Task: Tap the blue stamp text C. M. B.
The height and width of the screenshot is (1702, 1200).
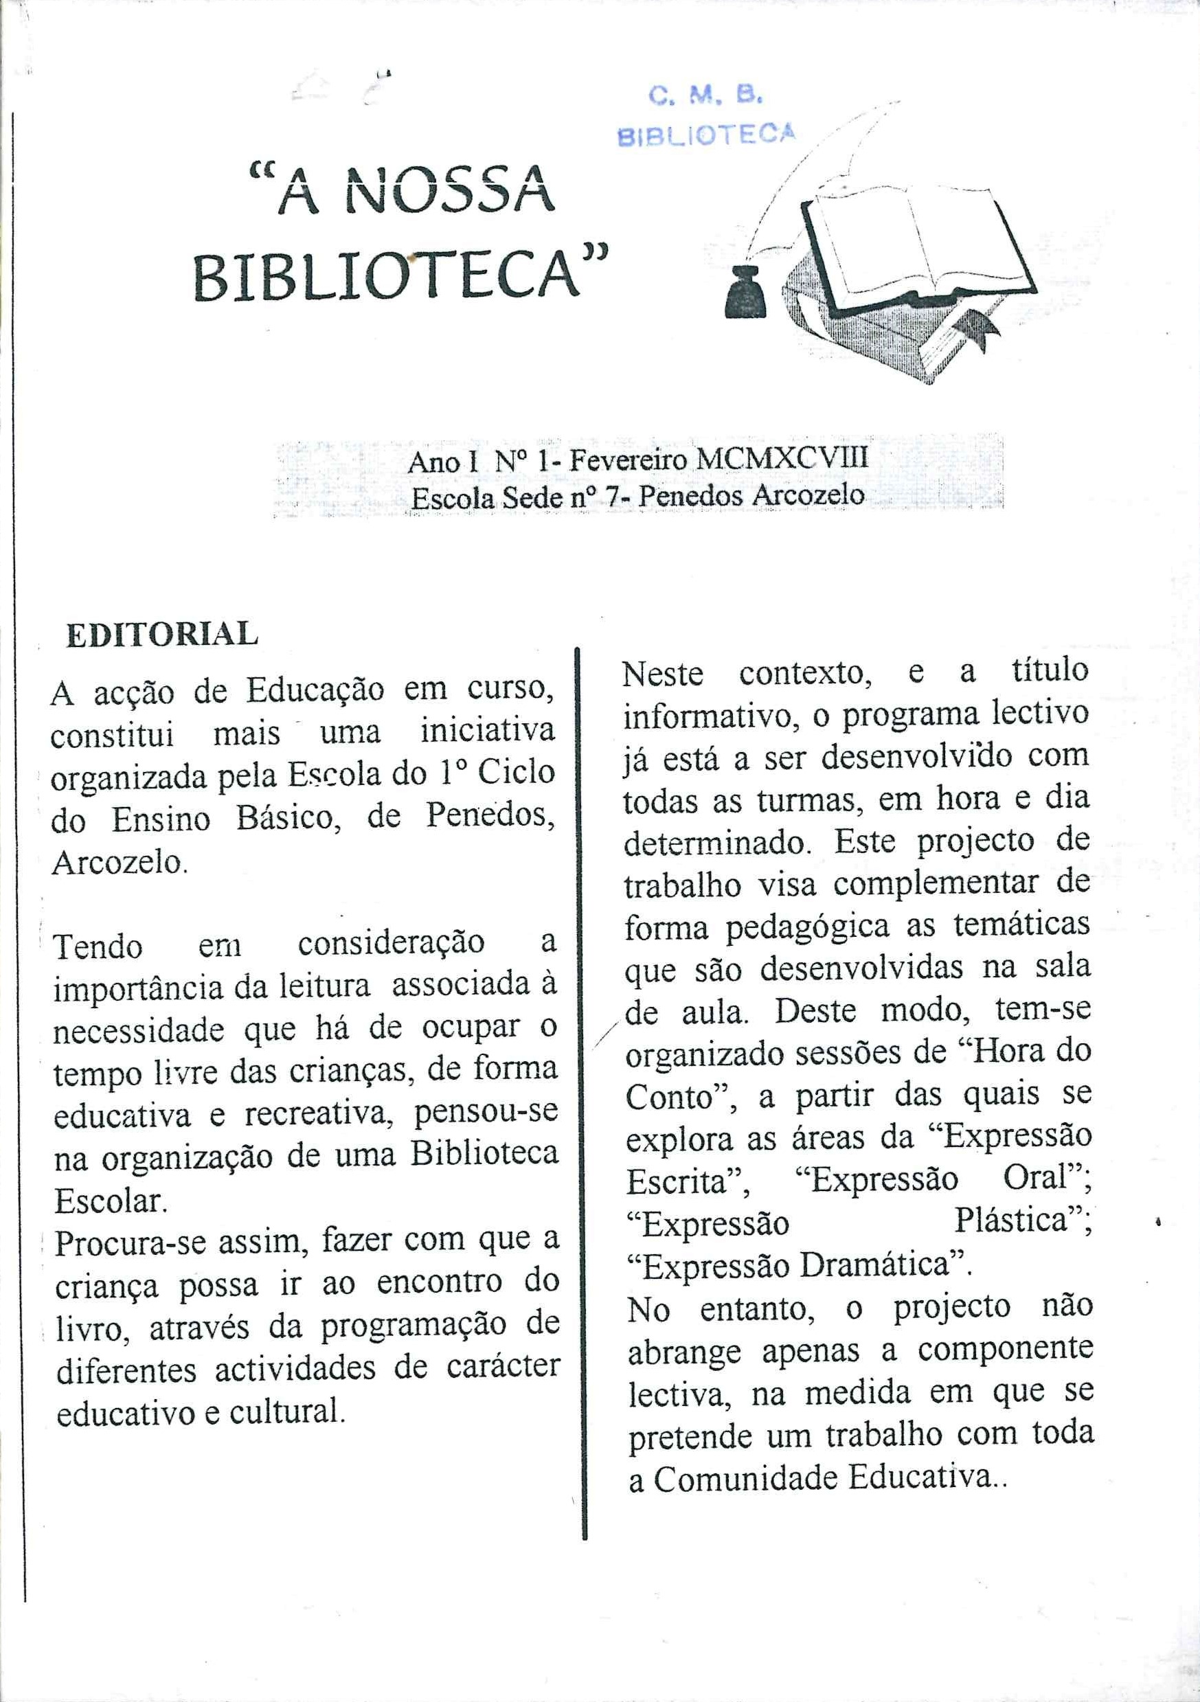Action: [x=704, y=95]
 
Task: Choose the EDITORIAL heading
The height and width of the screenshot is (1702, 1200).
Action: [x=161, y=635]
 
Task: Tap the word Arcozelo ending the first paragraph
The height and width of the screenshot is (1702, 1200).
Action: [x=119, y=863]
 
